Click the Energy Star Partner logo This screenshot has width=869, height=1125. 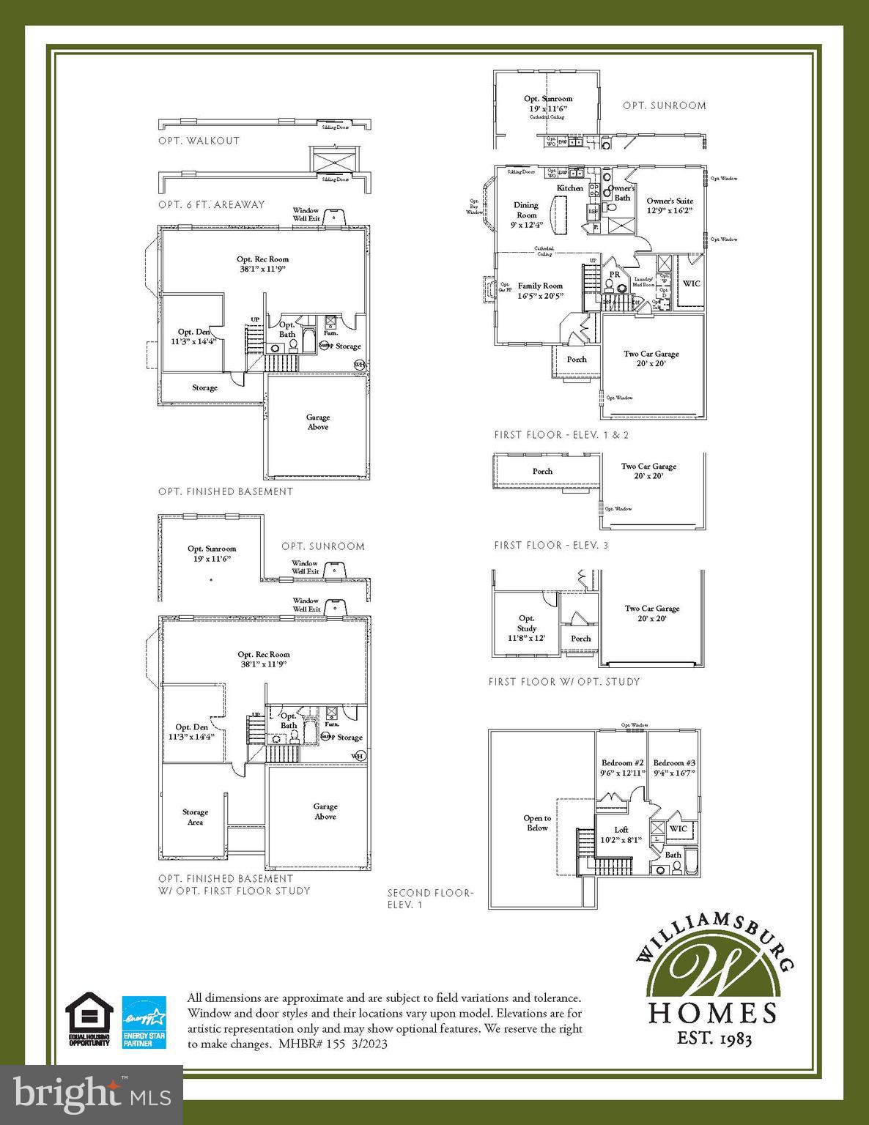coord(144,1020)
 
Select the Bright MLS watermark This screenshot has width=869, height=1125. coord(92,1094)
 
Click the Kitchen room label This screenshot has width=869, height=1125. coord(569,188)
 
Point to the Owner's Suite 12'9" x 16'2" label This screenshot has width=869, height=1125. coord(670,205)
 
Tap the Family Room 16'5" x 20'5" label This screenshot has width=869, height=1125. coord(540,291)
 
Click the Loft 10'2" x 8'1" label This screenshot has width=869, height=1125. coord(621,835)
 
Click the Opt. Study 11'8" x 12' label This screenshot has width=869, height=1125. coord(527,628)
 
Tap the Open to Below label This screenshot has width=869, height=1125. coord(537,823)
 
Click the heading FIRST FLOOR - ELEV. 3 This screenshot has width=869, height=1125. coord(551,546)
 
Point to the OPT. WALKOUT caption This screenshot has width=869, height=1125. coord(199,141)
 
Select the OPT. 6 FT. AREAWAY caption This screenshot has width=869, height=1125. coord(211,204)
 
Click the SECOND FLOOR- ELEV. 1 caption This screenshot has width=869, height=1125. coord(430,899)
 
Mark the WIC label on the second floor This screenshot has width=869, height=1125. coord(678,828)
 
